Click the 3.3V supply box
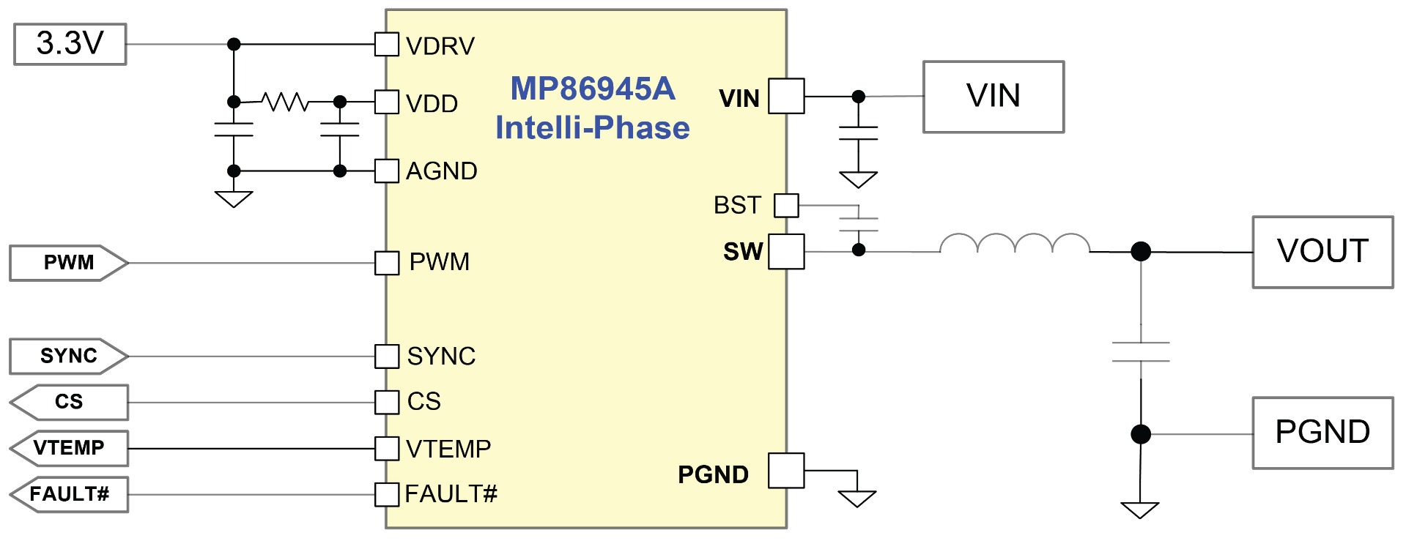click(x=70, y=44)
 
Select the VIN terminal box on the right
click(x=993, y=97)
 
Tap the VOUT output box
click(x=1322, y=252)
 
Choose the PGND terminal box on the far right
click(x=1322, y=433)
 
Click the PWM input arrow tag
click(x=69, y=263)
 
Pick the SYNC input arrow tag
click(x=69, y=357)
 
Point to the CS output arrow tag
click(x=69, y=402)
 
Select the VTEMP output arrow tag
click(x=69, y=448)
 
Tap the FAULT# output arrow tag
click(x=69, y=494)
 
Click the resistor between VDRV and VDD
click(x=286, y=102)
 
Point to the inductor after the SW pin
click(x=1015, y=244)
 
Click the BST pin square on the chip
click(x=786, y=206)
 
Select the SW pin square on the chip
click(x=786, y=252)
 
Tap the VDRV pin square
click(x=387, y=44)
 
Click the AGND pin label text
click(x=442, y=171)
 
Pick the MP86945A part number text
click(x=593, y=89)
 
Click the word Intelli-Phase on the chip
click(x=593, y=128)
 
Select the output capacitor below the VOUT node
click(x=1141, y=352)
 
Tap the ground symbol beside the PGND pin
click(x=857, y=499)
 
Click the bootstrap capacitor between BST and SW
click(x=859, y=224)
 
